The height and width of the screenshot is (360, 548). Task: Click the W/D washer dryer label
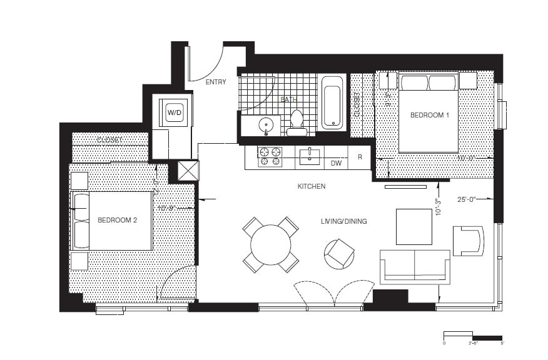tap(173, 112)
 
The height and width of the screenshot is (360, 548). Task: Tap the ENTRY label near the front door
tap(215, 82)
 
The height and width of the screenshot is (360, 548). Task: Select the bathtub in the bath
tap(332, 102)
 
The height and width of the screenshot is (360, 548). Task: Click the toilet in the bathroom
tap(297, 122)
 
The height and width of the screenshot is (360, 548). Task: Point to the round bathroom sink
tap(267, 126)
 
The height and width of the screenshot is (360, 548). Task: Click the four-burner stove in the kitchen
tap(270, 156)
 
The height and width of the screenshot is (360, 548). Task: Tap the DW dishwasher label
tap(335, 162)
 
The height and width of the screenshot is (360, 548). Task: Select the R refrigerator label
tap(360, 157)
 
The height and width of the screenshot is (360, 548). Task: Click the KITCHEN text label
tap(311, 186)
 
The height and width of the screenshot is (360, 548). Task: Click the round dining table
tap(270, 244)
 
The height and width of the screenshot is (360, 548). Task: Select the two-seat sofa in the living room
tap(414, 266)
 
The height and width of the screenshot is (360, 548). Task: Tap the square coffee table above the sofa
tap(414, 226)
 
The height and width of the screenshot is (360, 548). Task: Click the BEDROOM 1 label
tap(429, 116)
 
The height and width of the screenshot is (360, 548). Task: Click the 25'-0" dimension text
tap(466, 200)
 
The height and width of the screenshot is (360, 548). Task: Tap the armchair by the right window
tap(468, 241)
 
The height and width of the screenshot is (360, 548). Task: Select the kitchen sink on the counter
tap(310, 156)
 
